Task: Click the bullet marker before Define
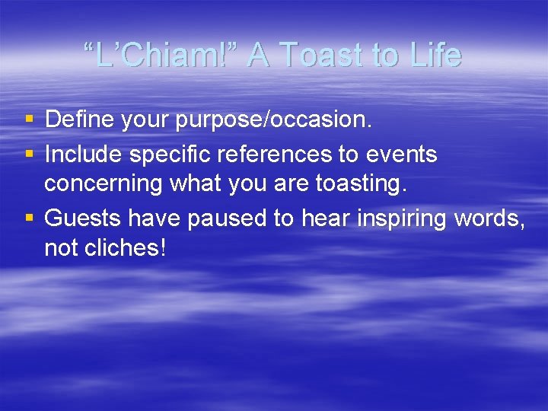pos(29,119)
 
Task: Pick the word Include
pos(84,155)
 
